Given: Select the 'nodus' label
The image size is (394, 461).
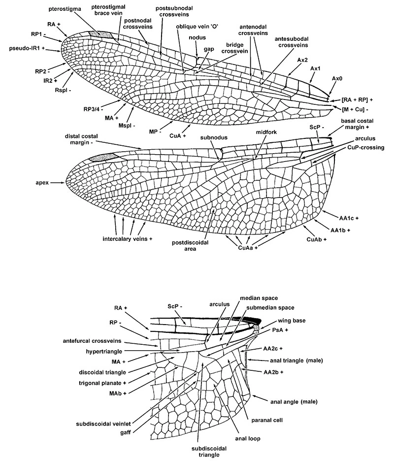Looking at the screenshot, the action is pyautogui.click(x=197, y=37).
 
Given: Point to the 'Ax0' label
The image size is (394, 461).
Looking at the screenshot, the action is pyautogui.click(x=337, y=78).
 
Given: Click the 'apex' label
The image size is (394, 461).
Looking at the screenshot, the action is pyautogui.click(x=42, y=183).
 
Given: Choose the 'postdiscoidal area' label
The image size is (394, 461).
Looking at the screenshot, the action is pyautogui.click(x=190, y=245).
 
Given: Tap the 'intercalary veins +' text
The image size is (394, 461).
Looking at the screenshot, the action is pyautogui.click(x=128, y=239).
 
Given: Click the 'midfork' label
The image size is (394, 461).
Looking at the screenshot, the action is pyautogui.click(x=266, y=132).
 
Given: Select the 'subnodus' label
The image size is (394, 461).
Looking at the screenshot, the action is pyautogui.click(x=214, y=137).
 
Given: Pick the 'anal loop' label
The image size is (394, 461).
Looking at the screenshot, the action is pyautogui.click(x=248, y=438).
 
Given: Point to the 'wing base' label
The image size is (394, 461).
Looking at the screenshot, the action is pyautogui.click(x=292, y=321).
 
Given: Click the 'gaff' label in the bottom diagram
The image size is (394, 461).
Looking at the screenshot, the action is pyautogui.click(x=126, y=432).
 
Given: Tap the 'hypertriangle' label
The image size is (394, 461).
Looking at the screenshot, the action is pyautogui.click(x=104, y=351).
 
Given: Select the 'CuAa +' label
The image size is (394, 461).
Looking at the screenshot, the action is pyautogui.click(x=248, y=248).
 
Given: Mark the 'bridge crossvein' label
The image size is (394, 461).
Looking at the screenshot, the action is pyautogui.click(x=234, y=48).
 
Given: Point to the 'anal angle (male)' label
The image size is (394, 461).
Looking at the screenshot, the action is pyautogui.click(x=294, y=401).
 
